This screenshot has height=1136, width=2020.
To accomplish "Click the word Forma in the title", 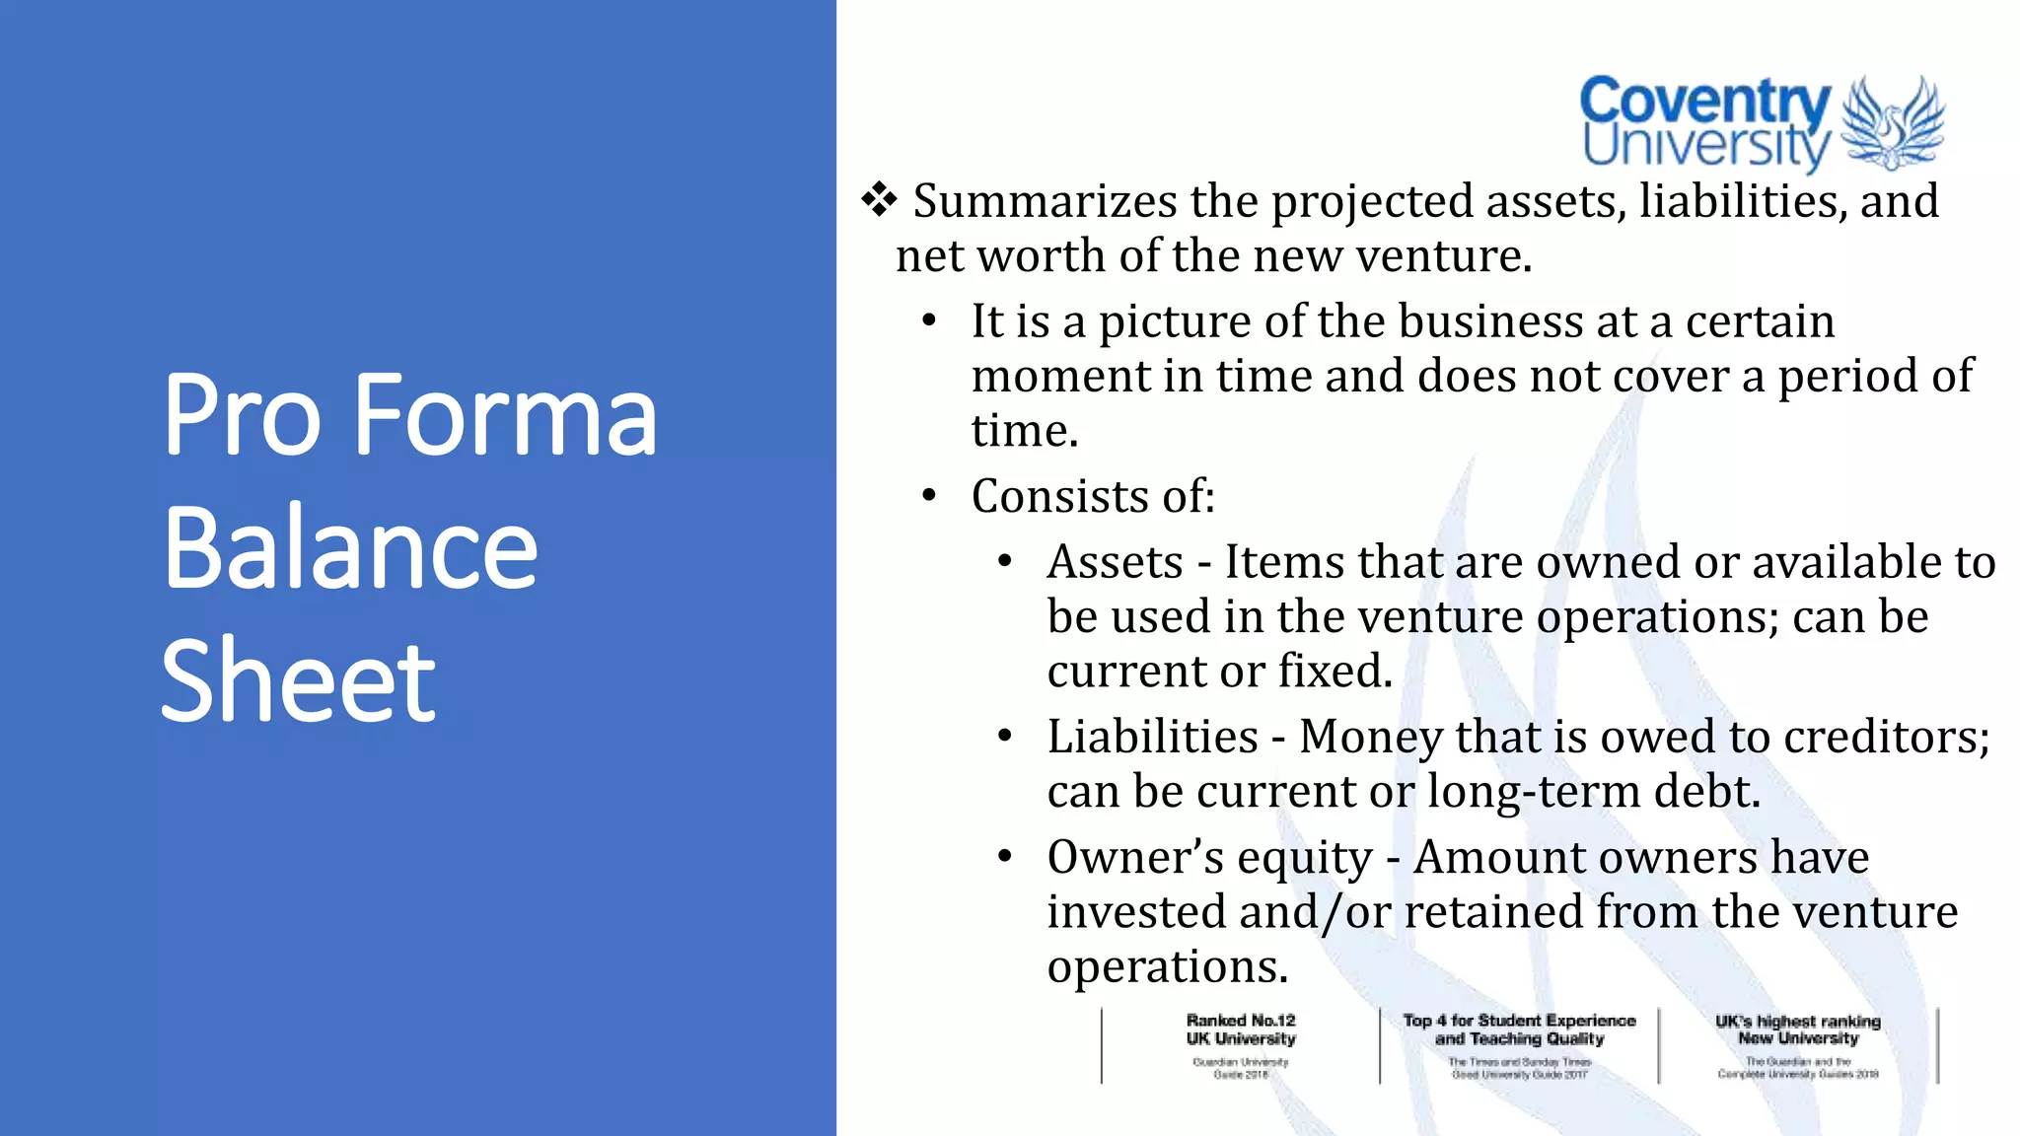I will click(503, 416).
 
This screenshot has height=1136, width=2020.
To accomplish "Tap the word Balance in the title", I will click(350, 549).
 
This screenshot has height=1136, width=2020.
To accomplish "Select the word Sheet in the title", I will click(298, 680).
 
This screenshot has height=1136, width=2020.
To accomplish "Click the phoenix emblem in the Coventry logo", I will click(1892, 122).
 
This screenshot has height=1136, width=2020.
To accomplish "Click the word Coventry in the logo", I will click(1704, 102).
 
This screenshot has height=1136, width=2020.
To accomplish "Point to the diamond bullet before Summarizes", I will click(879, 200).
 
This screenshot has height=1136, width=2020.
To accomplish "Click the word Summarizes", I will click(1045, 202).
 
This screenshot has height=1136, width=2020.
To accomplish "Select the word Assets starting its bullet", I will click(1115, 563).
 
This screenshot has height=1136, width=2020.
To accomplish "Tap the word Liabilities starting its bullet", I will click(1152, 738).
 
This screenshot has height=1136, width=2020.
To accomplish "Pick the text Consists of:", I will click(1093, 496).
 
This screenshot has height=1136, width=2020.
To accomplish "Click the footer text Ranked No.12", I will click(1241, 1021).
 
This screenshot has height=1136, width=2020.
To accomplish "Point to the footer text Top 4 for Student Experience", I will click(1519, 1021).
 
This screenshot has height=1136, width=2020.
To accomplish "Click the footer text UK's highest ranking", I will click(1797, 1022).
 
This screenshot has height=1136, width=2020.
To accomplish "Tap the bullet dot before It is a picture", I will click(928, 321).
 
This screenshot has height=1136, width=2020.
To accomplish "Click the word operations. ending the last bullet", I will click(1168, 967).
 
